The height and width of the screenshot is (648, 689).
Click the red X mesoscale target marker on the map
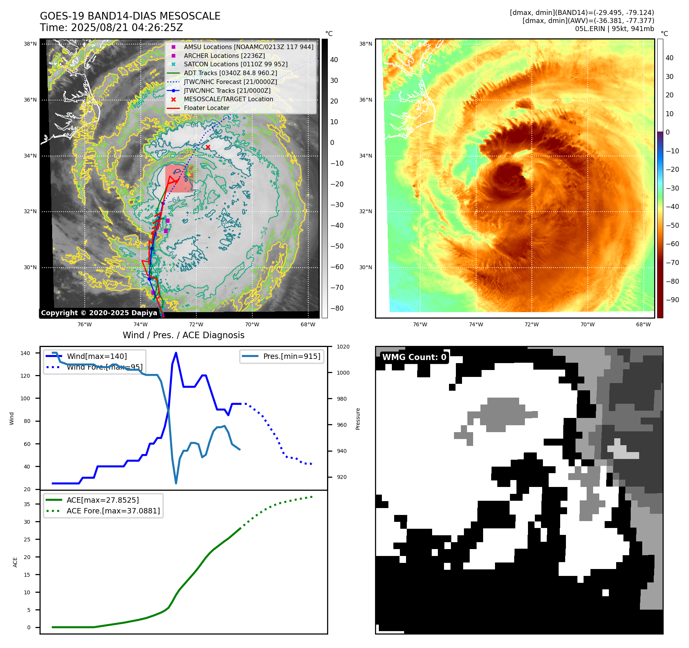coord(208,147)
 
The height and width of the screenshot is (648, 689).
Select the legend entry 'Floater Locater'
coord(206,108)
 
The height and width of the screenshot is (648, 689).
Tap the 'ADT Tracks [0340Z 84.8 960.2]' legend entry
coord(230,73)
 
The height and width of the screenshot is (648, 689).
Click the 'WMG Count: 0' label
coord(414,357)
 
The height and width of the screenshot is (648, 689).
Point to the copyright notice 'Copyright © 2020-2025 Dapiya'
coord(99,313)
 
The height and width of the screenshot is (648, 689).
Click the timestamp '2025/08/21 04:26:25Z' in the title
coord(127,28)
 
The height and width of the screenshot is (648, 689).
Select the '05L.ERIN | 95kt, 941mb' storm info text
coord(614,29)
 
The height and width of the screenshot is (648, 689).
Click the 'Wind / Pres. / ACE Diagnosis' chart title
coord(183,335)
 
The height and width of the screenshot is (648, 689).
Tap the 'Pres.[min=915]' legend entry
coord(291,356)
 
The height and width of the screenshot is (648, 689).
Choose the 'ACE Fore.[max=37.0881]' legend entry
coord(113,511)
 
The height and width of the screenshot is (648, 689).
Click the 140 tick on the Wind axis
coord(25,353)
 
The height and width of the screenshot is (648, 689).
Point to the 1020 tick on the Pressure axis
coord(343,347)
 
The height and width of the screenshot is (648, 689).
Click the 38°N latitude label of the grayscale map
coord(30,44)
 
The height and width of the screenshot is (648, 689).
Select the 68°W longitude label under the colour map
coord(643,324)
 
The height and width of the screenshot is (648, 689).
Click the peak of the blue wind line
coord(176,353)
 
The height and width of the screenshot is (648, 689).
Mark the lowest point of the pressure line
coord(176,483)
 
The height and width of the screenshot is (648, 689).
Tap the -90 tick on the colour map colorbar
coord(672,300)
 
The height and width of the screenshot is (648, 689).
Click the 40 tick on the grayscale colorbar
coord(334,60)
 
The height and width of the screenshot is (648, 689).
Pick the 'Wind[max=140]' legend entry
coord(97,356)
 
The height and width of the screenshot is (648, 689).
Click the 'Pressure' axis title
coord(358,419)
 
